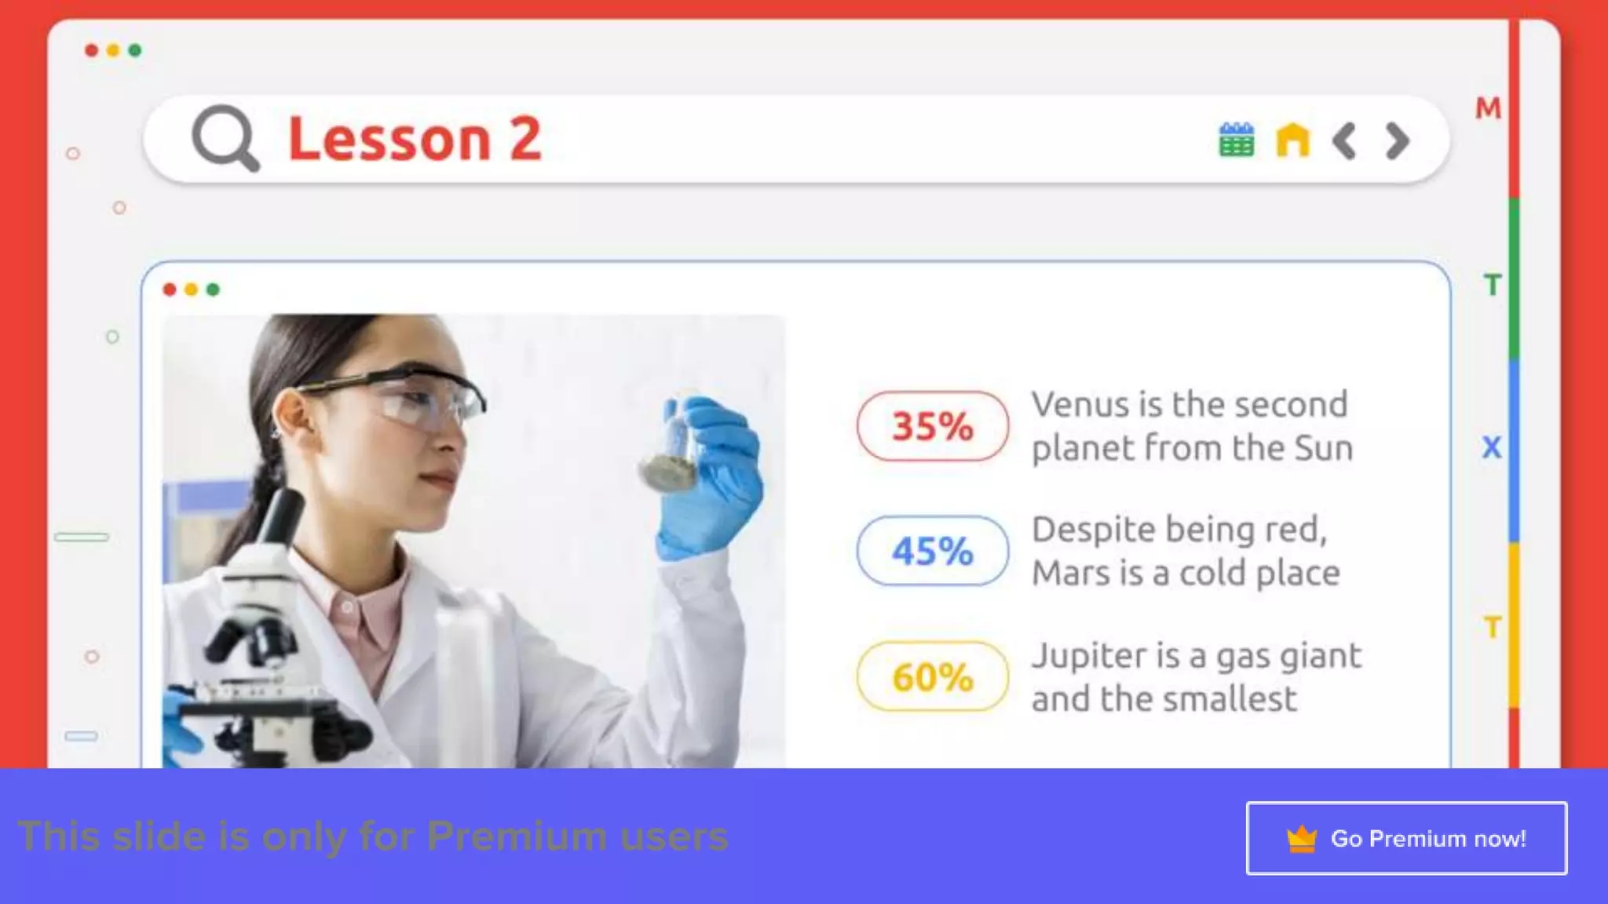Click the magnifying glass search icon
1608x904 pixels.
(x=225, y=138)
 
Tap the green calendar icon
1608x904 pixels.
(x=1236, y=140)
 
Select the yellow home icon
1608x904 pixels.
(x=1292, y=140)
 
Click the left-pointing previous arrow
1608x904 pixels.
(x=1344, y=141)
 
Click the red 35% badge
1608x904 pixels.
(x=932, y=426)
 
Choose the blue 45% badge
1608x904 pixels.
(x=932, y=551)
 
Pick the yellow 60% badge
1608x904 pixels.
(x=932, y=676)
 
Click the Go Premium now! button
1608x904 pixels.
(x=1406, y=838)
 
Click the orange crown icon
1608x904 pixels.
(x=1301, y=839)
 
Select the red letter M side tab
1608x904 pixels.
(x=1488, y=108)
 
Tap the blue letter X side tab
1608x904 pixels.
(x=1492, y=447)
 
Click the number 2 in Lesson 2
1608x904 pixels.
(x=525, y=139)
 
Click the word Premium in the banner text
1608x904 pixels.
(x=517, y=837)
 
